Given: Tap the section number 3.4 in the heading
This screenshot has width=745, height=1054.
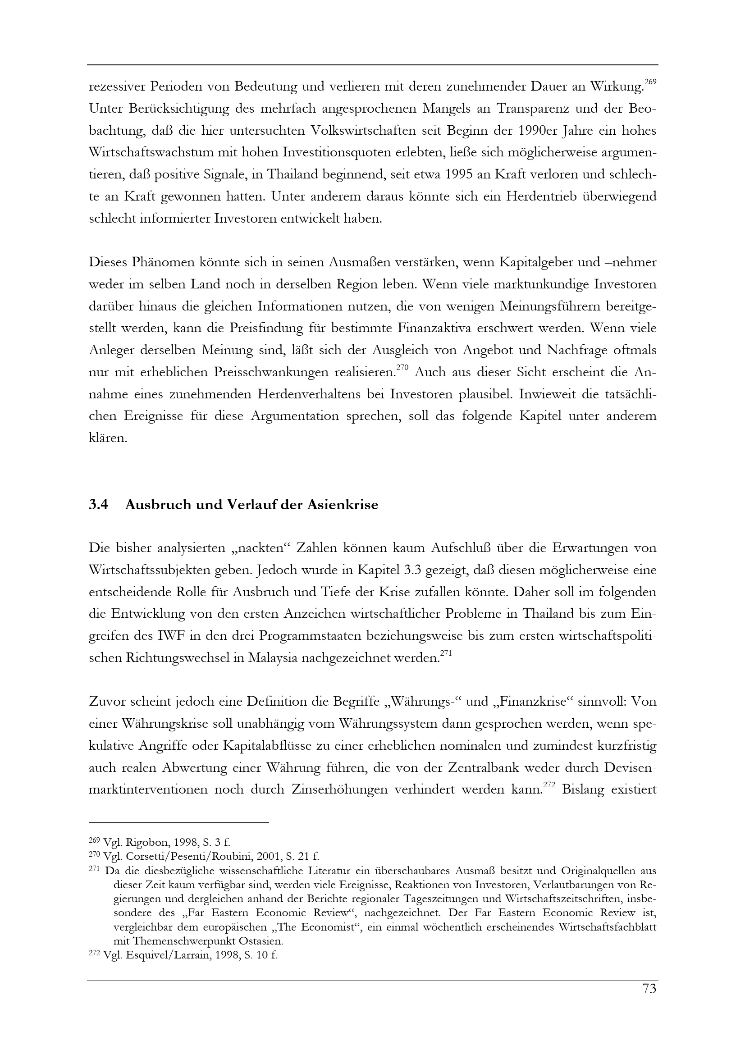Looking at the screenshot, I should (98, 505).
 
